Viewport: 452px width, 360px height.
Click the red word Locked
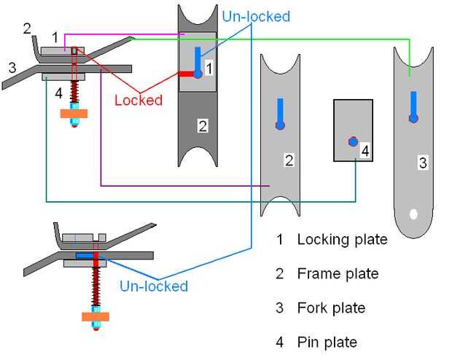[139, 100]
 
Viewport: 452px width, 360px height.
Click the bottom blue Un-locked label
[154, 286]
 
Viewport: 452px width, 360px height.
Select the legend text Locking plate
[342, 239]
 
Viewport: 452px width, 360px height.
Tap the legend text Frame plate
[338, 274]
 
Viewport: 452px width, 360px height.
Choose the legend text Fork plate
[331, 308]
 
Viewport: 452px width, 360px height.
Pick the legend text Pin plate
[327, 343]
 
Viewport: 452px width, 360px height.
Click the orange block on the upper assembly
[74, 113]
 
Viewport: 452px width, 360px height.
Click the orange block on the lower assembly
[96, 317]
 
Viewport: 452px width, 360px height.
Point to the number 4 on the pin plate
[365, 151]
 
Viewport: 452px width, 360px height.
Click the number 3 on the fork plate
[422, 163]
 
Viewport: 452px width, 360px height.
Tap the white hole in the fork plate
[413, 215]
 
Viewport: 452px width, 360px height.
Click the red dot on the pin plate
[354, 141]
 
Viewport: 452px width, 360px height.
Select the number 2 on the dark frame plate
[203, 125]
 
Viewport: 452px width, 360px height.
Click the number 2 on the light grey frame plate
[289, 160]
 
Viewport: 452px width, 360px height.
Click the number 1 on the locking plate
[209, 68]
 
